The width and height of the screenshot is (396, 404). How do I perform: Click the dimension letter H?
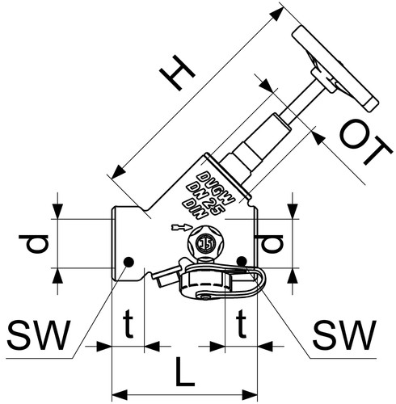click(177, 73)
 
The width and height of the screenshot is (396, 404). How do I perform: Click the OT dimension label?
click(365, 142)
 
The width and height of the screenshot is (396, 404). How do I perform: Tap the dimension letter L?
click(184, 372)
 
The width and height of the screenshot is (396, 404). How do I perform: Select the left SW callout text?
click(40, 335)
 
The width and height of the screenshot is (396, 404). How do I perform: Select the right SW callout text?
click(344, 335)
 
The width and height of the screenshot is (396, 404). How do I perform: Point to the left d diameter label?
click(34, 244)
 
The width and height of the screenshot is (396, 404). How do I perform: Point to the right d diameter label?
click(269, 244)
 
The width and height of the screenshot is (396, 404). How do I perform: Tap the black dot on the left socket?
click(128, 262)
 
